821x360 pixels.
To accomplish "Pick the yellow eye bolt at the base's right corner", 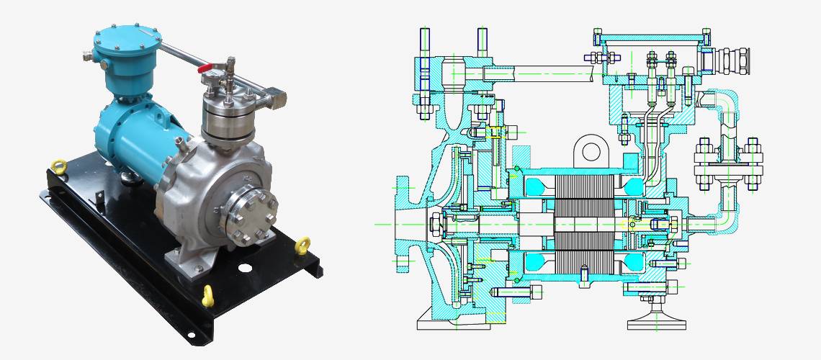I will tap(305, 245).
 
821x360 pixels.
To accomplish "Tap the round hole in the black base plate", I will tap(246, 267).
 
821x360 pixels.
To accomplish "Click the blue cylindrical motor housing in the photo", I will tap(137, 137).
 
